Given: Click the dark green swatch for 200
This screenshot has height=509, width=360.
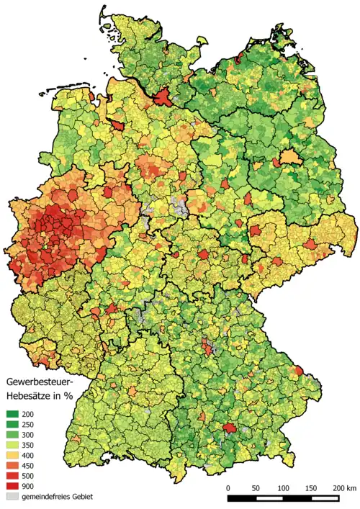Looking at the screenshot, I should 13,415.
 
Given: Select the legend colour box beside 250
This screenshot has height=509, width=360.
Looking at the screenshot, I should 13,425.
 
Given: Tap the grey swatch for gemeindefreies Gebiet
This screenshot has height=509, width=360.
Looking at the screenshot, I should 13,497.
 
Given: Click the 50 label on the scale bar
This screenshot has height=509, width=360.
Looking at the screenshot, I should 256,488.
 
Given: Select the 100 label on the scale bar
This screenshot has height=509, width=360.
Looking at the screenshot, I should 284,488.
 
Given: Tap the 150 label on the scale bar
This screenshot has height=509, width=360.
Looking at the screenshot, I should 311,488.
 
